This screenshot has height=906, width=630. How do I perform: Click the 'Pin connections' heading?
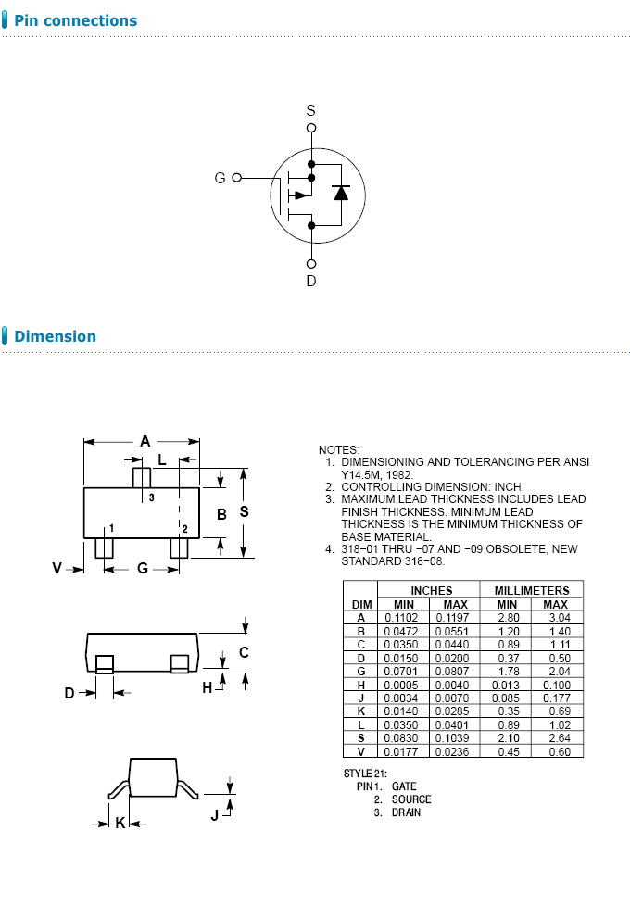tap(75, 20)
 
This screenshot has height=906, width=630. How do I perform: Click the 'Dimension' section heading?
tap(55, 336)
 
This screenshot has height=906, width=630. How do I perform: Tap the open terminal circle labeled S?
tap(311, 128)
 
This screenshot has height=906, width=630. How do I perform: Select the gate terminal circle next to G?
tap(237, 178)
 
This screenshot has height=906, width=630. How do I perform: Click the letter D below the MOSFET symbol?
tap(311, 281)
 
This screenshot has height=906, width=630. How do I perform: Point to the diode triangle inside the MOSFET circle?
tap(340, 193)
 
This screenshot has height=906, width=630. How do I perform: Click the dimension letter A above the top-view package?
tap(145, 442)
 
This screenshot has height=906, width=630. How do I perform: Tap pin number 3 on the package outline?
tap(151, 498)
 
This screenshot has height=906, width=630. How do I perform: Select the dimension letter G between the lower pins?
tap(142, 568)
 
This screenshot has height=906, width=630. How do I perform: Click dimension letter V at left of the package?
tap(57, 568)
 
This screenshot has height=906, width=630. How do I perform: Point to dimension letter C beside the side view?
tap(244, 652)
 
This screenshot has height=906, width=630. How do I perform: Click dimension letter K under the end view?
tap(120, 823)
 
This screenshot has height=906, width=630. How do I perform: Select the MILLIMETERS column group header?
tap(532, 590)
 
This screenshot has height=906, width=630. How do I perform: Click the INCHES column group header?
tap(432, 590)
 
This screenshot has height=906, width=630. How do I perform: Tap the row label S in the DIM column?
tap(360, 737)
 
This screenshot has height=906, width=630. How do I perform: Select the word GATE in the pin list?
tap(404, 786)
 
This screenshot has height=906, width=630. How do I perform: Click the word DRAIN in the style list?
tap(406, 812)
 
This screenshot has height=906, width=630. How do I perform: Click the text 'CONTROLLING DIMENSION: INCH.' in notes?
tap(432, 486)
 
